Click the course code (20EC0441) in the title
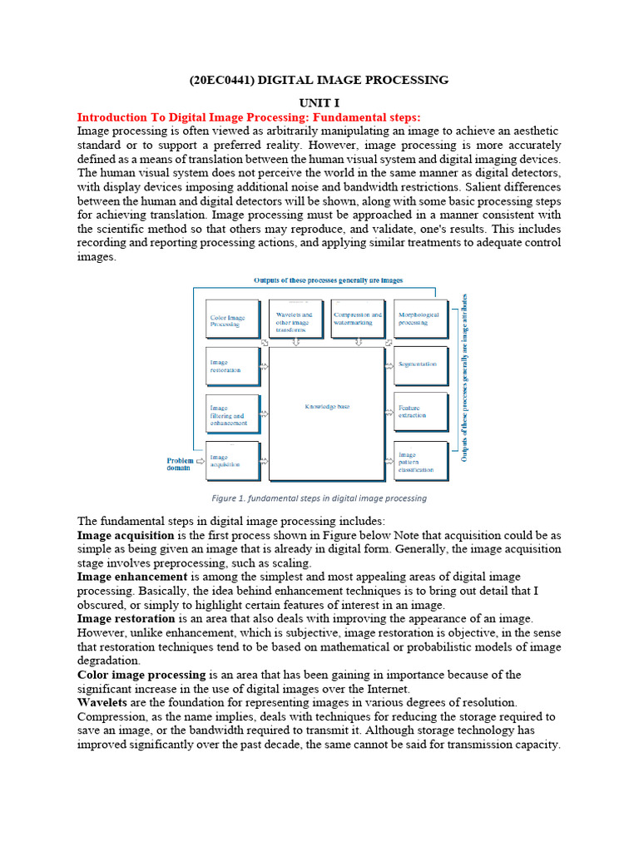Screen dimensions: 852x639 [x=219, y=80]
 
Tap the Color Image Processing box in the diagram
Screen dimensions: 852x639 [x=232, y=319]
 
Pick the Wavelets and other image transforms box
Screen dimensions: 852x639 [x=295, y=319]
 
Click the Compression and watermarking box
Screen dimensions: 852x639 [x=358, y=319]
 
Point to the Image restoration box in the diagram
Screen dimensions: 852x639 [x=232, y=366]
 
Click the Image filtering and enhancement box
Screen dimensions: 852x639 [x=232, y=414]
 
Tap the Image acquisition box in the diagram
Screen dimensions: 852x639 [x=232, y=461]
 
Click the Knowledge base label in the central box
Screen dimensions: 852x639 [x=326, y=406]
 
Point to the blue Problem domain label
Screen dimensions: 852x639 [x=180, y=464]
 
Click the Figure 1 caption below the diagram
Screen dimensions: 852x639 [x=319, y=498]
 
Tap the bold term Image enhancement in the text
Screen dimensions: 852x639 [x=132, y=576]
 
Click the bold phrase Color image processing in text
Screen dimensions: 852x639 [x=141, y=674]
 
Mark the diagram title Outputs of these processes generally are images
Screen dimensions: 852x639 [x=329, y=280]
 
